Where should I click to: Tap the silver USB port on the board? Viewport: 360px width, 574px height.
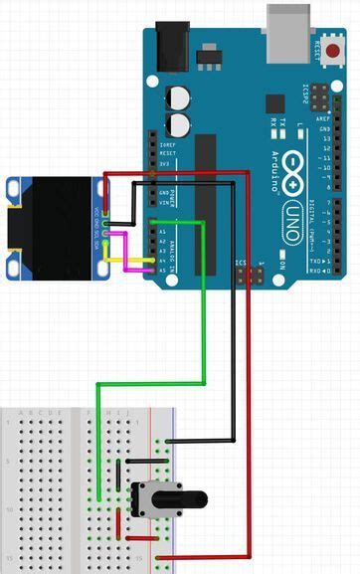click(x=289, y=22)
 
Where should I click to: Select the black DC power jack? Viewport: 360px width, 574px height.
click(x=171, y=46)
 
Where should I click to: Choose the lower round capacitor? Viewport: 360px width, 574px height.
click(x=179, y=123)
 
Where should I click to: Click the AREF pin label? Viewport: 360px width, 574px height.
click(x=324, y=117)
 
